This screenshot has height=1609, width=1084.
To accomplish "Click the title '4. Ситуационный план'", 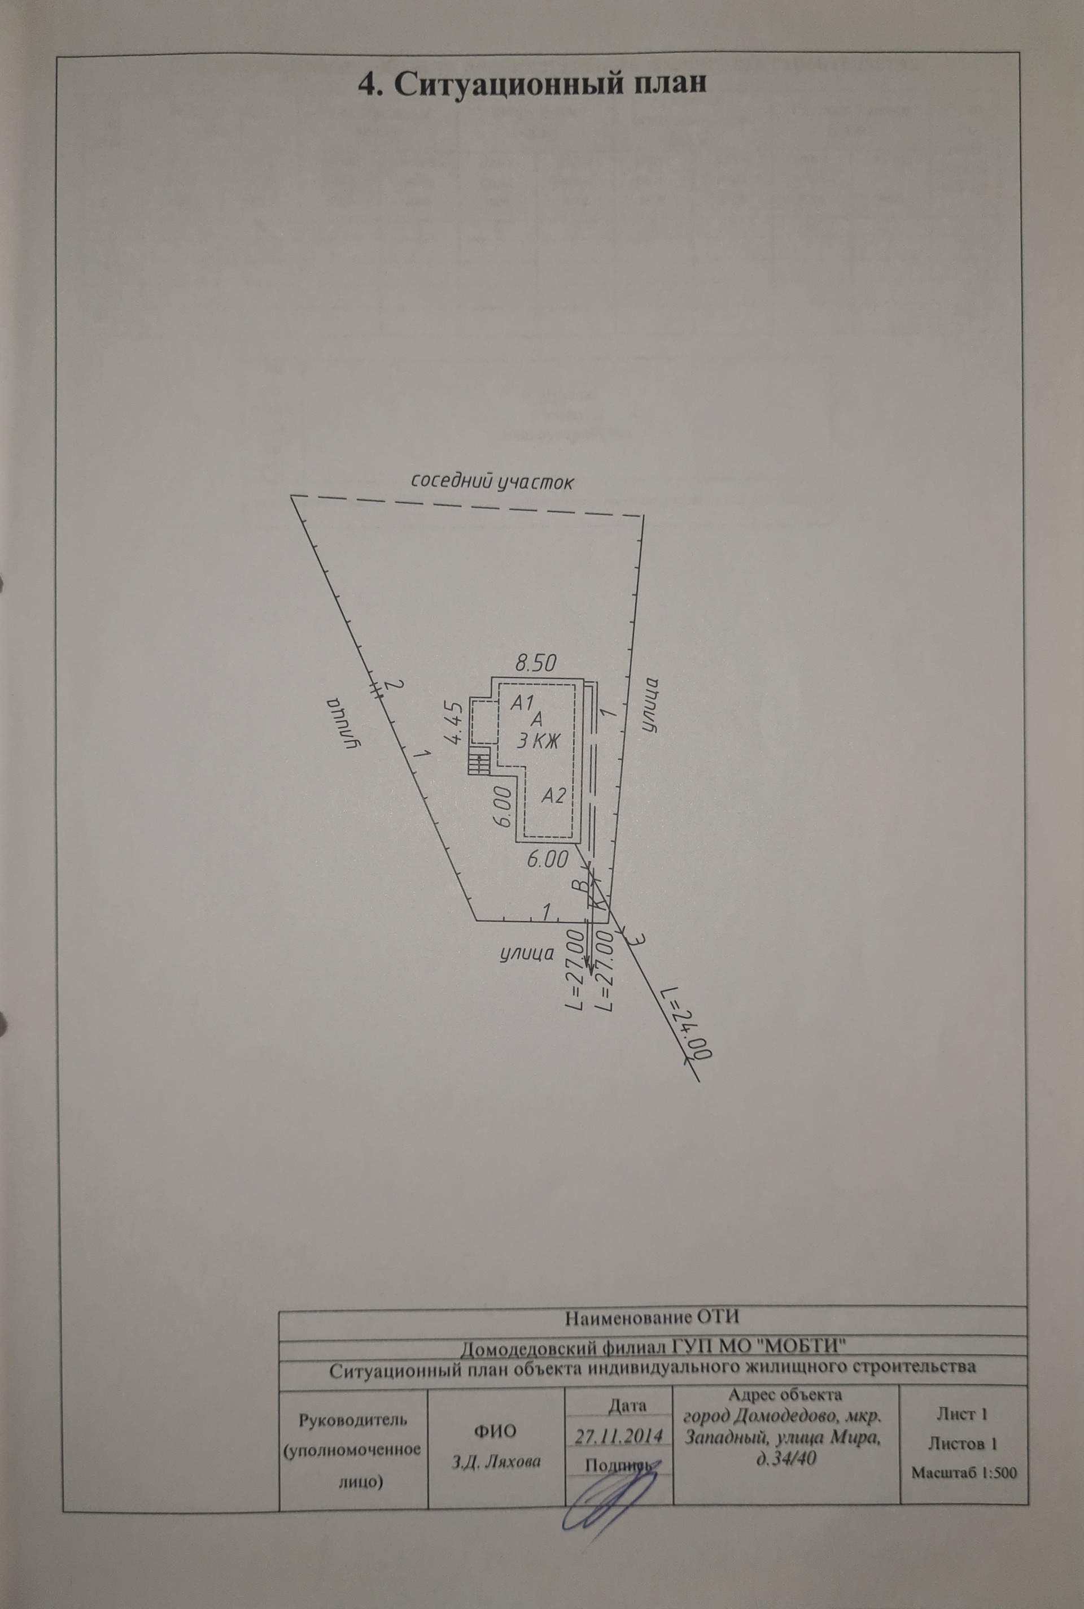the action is tap(532, 84).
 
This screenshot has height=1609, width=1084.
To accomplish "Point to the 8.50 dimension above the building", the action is tap(536, 663).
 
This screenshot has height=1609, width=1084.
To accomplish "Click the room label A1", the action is tap(521, 702).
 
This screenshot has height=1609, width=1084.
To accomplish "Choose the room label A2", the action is tap(553, 795).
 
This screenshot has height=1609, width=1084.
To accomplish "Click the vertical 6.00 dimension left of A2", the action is tap(503, 808).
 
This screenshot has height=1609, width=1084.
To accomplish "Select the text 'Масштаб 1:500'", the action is tap(964, 1473).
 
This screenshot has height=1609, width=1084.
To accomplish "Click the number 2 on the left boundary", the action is tap(392, 685).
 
